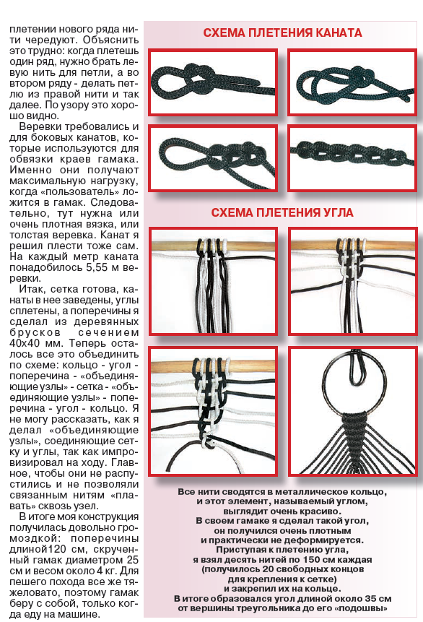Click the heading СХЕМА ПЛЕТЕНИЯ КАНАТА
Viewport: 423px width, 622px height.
point(282,33)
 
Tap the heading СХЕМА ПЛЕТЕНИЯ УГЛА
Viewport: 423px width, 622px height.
point(282,212)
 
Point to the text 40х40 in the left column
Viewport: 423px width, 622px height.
point(23,343)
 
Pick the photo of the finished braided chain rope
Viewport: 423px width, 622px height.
point(352,158)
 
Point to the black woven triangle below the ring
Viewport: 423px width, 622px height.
point(354,436)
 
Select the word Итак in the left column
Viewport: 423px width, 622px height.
point(34,289)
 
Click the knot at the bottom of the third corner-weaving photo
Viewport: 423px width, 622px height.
point(207,443)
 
